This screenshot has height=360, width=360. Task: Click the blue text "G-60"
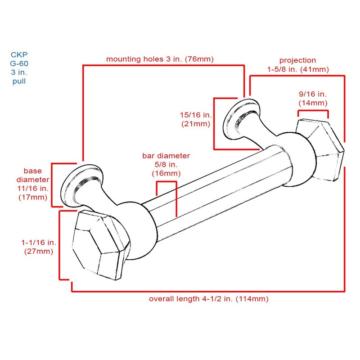click(19, 63)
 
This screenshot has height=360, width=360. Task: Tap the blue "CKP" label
click(19, 54)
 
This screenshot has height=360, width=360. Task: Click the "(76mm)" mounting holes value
click(199, 59)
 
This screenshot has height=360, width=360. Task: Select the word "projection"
click(297, 60)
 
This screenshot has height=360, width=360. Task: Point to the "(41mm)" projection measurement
click(315, 69)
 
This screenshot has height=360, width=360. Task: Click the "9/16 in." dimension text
click(313, 94)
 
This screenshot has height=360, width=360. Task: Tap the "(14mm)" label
click(313, 103)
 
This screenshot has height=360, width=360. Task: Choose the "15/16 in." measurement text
click(196, 115)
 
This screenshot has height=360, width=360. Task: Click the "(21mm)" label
click(196, 124)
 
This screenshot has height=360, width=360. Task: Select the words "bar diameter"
click(166, 156)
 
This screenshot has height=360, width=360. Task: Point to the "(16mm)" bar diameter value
click(166, 173)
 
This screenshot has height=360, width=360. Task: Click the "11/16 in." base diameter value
click(33, 189)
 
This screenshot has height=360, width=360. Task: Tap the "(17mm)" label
click(33, 198)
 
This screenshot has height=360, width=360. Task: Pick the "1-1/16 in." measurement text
click(39, 243)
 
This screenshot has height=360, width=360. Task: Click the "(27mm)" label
click(39, 252)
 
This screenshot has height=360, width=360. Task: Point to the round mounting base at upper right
click(241, 119)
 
